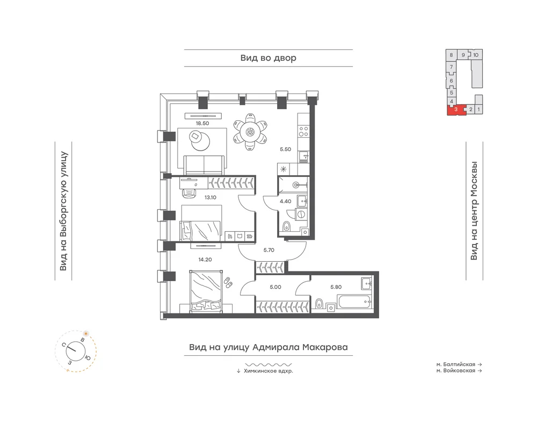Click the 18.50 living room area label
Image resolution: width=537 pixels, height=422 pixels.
202,124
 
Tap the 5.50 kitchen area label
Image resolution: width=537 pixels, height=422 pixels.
285,149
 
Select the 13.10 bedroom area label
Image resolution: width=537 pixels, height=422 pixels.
211,197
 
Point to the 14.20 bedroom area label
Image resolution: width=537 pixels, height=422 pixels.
205,260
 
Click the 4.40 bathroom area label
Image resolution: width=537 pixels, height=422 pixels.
285,201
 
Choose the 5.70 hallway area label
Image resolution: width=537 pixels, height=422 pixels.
269,251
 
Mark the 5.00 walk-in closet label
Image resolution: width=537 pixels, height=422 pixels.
275,287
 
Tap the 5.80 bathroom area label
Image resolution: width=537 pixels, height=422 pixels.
336,287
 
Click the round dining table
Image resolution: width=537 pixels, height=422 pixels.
250,131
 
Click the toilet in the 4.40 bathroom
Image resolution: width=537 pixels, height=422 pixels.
287,226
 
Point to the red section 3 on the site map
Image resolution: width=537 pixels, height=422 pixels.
456,110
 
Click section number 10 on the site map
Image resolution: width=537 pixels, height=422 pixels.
476,55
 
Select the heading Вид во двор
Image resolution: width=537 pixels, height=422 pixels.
268,58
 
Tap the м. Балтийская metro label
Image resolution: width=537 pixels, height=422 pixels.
456,364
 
